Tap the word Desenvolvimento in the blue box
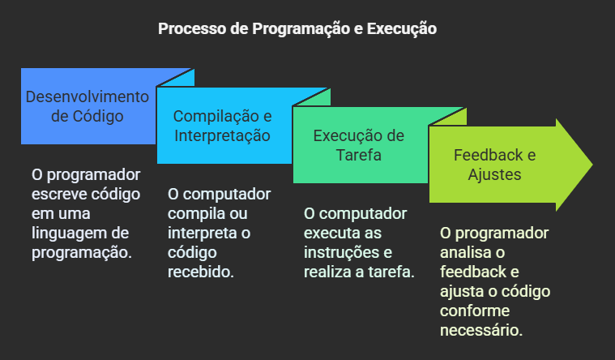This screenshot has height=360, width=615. [x=88, y=96]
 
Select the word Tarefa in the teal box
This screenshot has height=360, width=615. [x=358, y=155]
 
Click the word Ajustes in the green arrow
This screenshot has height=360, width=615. [x=494, y=174]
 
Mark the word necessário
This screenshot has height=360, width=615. [x=481, y=330]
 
